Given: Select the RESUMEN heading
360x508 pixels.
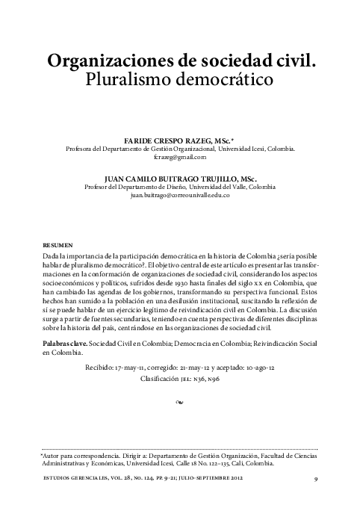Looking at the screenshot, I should click(x=59, y=245).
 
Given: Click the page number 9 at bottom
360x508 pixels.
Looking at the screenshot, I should click(x=317, y=477).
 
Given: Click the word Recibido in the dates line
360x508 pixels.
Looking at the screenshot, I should click(x=102, y=368).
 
